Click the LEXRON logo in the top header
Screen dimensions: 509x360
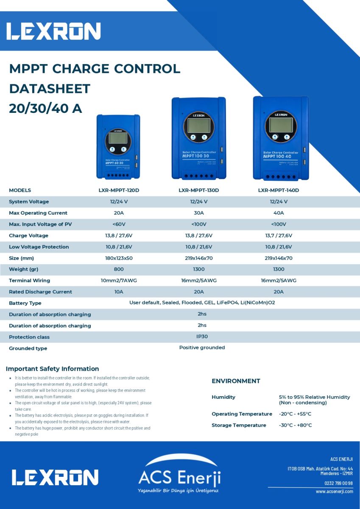pos(53,31)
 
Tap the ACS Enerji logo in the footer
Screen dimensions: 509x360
pos(179,475)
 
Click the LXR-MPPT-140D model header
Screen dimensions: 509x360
pos(279,190)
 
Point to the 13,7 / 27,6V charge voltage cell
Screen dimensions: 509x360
pos(279,235)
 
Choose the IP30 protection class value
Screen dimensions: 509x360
pos(202,336)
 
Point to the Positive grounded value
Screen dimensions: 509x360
pos(202,348)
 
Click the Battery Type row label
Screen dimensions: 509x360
pos(25,303)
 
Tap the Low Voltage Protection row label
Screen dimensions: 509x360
pos(39,247)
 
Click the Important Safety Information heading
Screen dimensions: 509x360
pos(52,369)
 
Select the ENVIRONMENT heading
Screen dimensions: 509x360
pos(236,381)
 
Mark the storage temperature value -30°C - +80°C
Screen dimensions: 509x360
pos(295,425)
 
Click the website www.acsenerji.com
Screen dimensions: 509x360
pos(334,492)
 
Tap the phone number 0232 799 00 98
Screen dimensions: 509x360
pos(338,483)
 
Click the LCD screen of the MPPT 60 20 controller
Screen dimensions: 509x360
pos(118,138)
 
